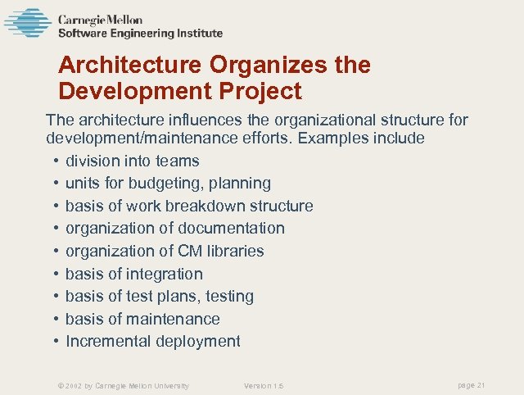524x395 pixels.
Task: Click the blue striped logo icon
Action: click(x=27, y=22)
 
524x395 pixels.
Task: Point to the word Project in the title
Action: click(x=262, y=90)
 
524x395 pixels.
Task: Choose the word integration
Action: click(x=161, y=274)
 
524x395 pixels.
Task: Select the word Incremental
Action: click(x=106, y=341)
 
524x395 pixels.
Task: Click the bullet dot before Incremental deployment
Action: click(x=55, y=341)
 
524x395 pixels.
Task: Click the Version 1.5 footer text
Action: click(x=264, y=385)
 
